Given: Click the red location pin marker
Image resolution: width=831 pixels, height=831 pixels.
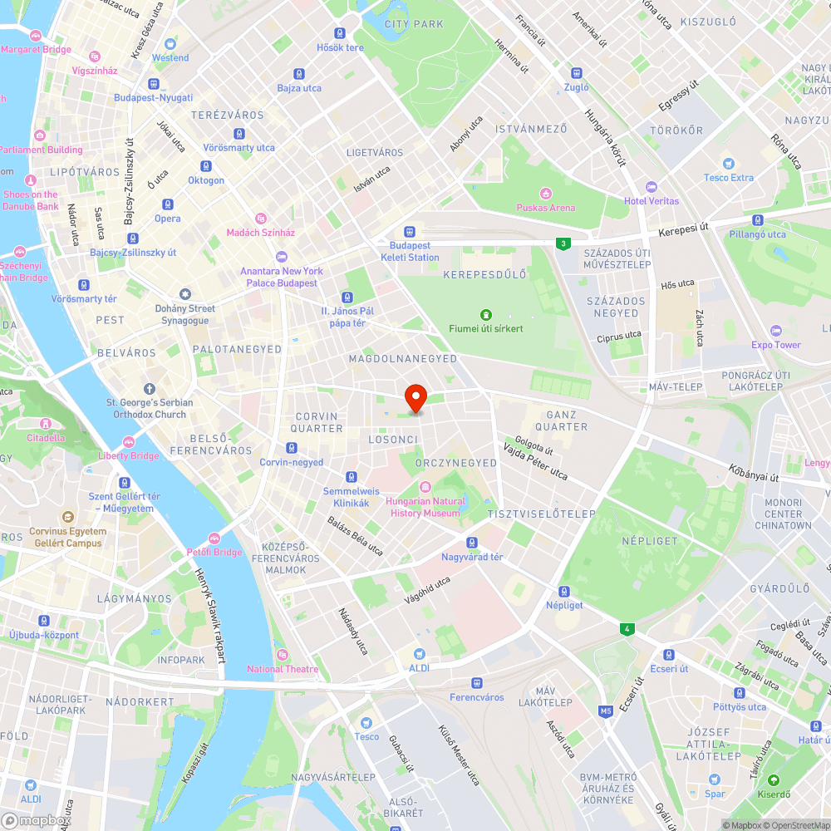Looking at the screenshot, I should tap(415, 399).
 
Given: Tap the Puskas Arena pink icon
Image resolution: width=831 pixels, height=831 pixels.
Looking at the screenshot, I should tap(546, 193).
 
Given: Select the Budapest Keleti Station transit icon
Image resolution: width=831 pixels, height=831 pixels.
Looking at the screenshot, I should tap(410, 232).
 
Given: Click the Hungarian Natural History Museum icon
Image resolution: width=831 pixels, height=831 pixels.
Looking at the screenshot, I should tap(425, 487).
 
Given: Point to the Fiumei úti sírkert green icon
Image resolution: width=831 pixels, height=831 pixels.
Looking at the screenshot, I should tap(486, 314).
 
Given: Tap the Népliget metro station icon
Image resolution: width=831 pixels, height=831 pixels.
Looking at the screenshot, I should tap(564, 592).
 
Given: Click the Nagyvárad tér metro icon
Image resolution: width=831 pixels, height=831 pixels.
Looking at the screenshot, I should tap(472, 543).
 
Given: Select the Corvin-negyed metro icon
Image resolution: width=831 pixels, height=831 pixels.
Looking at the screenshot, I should tap(292, 448).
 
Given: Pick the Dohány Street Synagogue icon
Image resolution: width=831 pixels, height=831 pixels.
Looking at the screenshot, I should tap(185, 293).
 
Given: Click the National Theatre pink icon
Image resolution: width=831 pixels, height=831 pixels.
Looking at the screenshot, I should tap(283, 655).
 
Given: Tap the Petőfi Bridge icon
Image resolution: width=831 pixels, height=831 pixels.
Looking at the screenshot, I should tap(214, 538).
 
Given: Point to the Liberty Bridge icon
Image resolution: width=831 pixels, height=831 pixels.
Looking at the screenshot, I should tap(129, 442).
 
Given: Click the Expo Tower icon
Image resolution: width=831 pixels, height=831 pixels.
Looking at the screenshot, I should tap(776, 331).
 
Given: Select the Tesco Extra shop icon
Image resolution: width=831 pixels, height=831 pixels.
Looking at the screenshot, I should tap(729, 164).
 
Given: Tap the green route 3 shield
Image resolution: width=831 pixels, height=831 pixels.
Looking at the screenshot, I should tap(564, 243).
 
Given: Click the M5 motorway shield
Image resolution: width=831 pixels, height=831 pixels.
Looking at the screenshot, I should tap(605, 711).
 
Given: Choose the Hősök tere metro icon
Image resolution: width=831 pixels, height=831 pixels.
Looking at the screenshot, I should tap(340, 33).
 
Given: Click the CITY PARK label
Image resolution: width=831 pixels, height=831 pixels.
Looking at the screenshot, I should tap(415, 24).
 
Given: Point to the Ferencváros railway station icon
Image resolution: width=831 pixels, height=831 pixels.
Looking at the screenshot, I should tap(477, 683).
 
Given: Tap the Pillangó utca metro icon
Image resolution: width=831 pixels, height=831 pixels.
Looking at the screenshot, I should tap(757, 220).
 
